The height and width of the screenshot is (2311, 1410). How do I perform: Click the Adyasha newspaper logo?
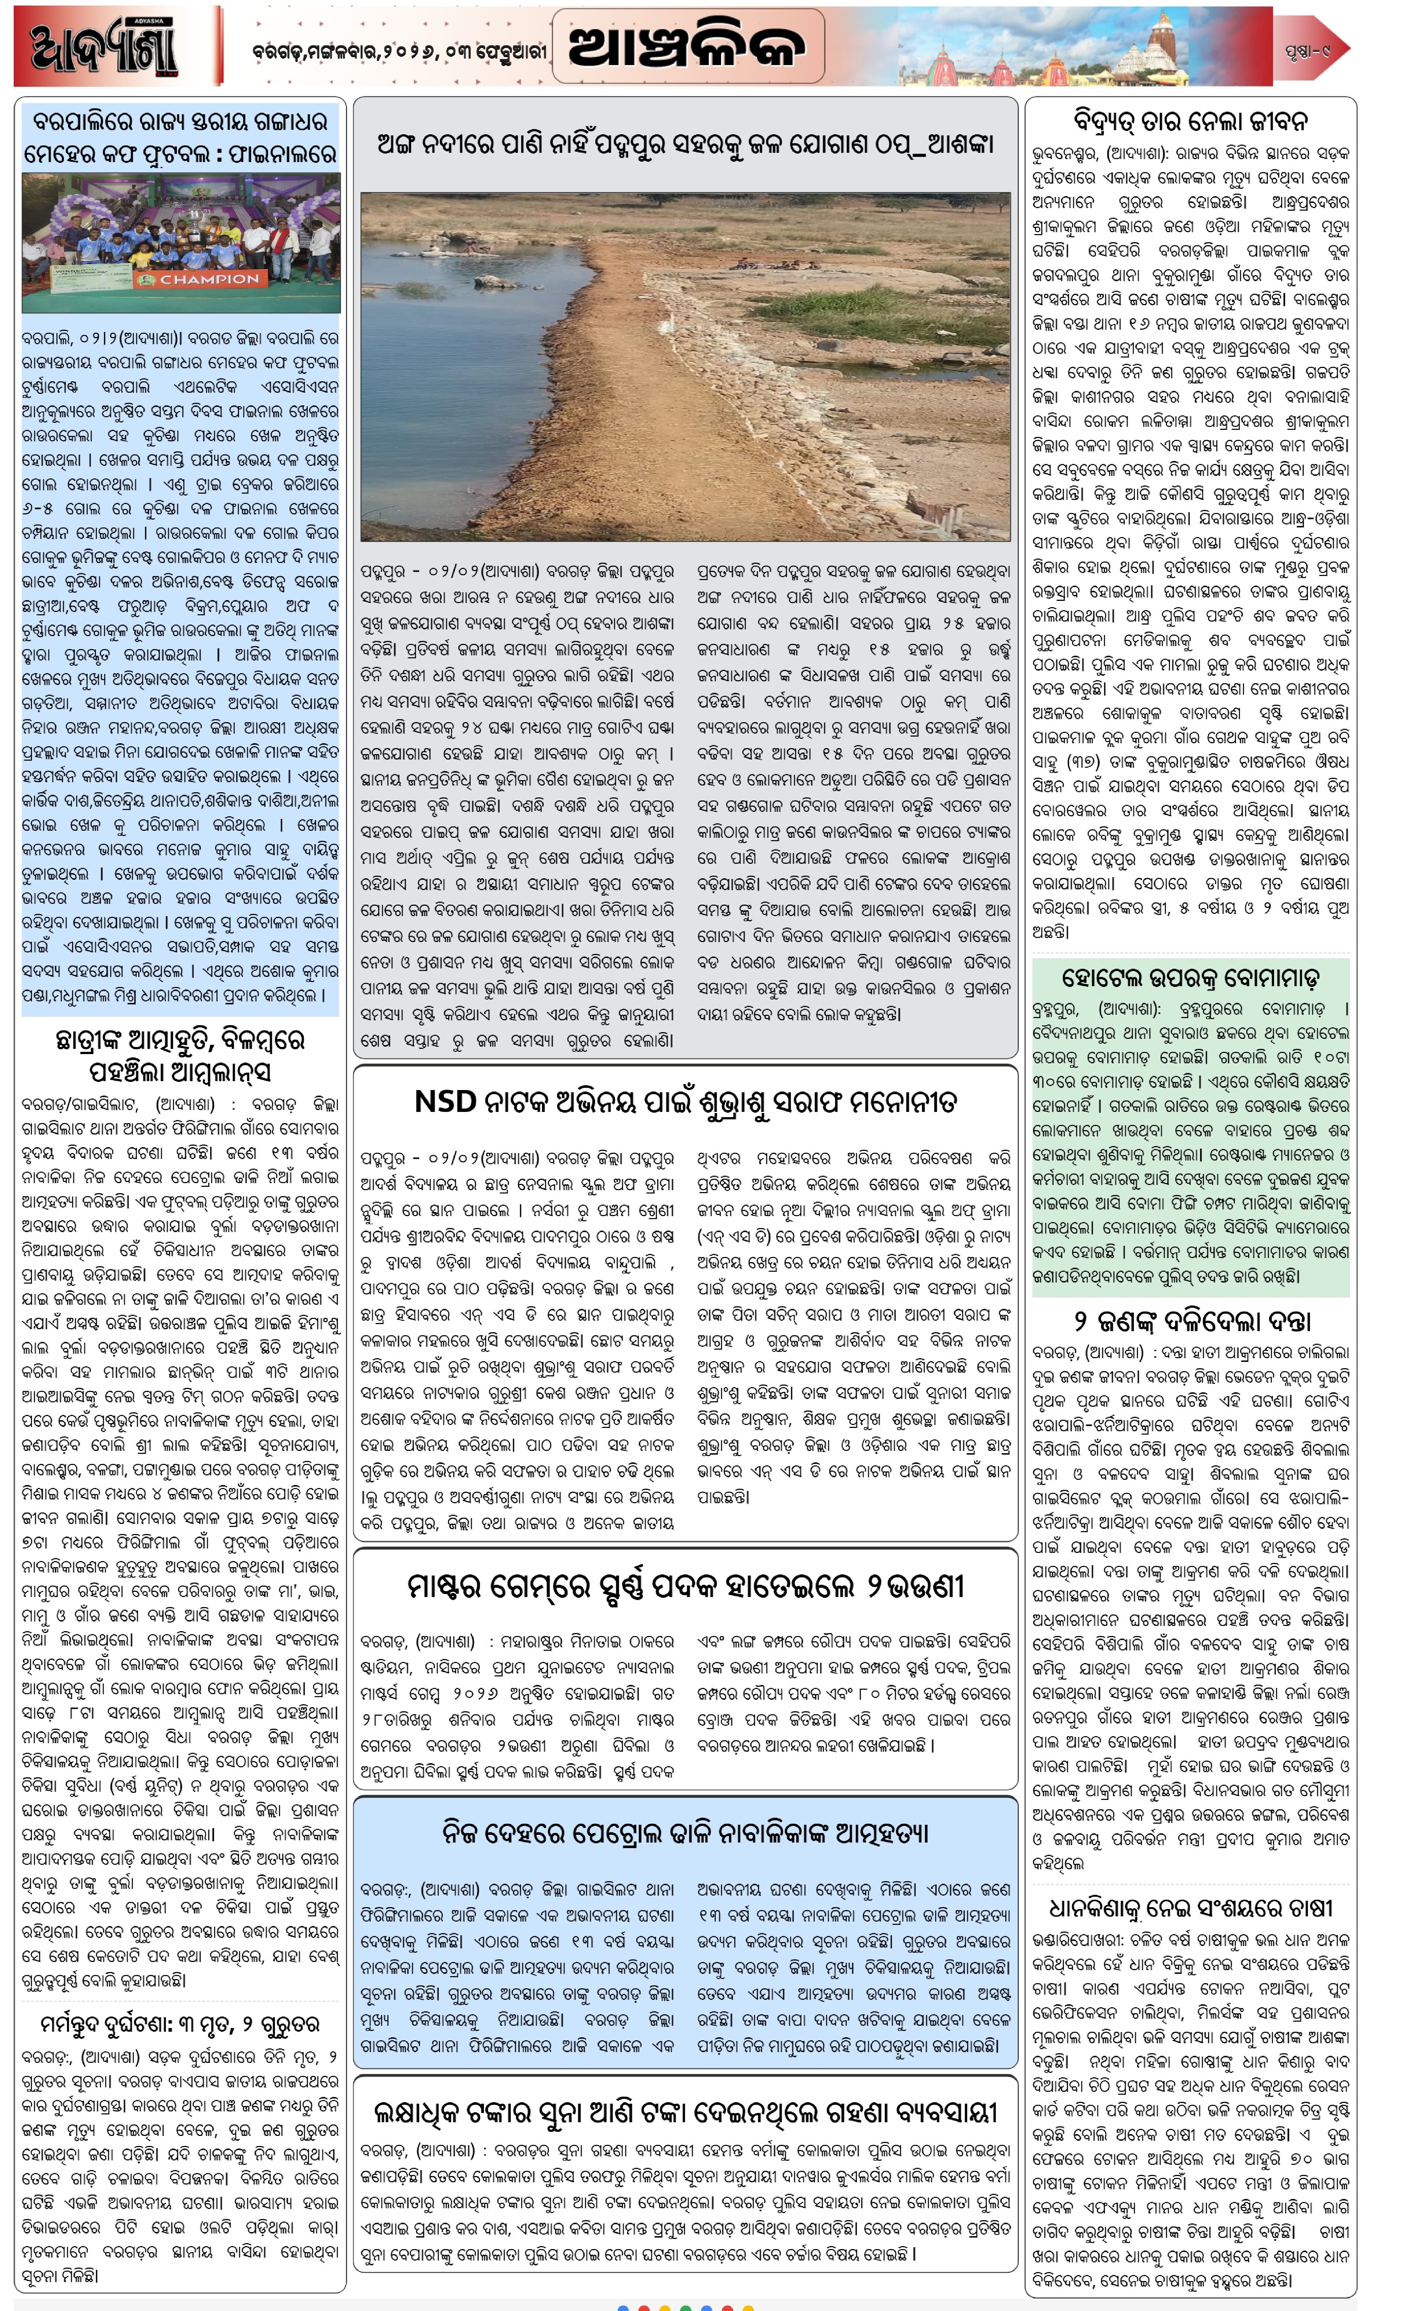click(103, 47)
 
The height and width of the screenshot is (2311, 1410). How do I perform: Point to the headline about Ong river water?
click(684, 144)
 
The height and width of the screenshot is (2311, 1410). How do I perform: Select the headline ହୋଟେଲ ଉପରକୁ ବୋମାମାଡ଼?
click(1191, 978)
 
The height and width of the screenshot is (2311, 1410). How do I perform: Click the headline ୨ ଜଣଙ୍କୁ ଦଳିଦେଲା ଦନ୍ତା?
click(1191, 1321)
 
